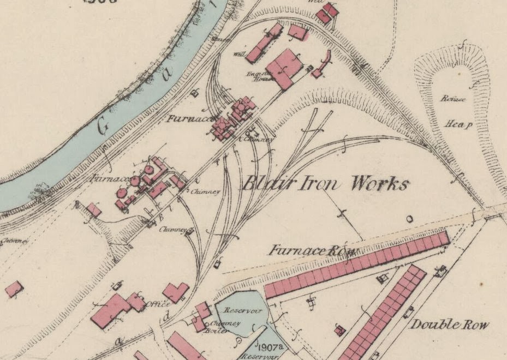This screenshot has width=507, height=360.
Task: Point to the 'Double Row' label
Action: pos(449,325)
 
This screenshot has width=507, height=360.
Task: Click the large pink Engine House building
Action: pos(284,69)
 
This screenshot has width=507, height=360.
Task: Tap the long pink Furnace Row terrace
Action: pos(357,264)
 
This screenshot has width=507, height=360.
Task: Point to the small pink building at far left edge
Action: pos(14,289)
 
